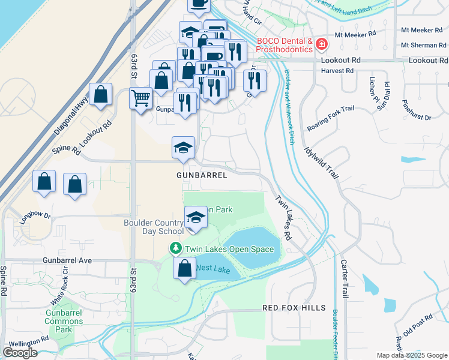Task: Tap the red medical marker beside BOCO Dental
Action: (322, 44)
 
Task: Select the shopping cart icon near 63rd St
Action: (141, 97)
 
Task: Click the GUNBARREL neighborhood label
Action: (202, 175)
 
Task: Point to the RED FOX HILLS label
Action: (294, 308)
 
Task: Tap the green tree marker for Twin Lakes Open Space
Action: (175, 248)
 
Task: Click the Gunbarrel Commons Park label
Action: (64, 321)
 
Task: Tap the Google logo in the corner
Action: (20, 353)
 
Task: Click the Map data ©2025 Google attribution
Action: (411, 355)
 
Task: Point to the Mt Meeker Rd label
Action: (355, 35)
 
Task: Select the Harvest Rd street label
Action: (337, 71)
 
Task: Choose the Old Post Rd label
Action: (418, 325)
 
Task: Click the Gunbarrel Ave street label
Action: (67, 260)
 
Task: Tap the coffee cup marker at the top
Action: (199, 3)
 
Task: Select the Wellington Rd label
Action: (28, 341)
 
